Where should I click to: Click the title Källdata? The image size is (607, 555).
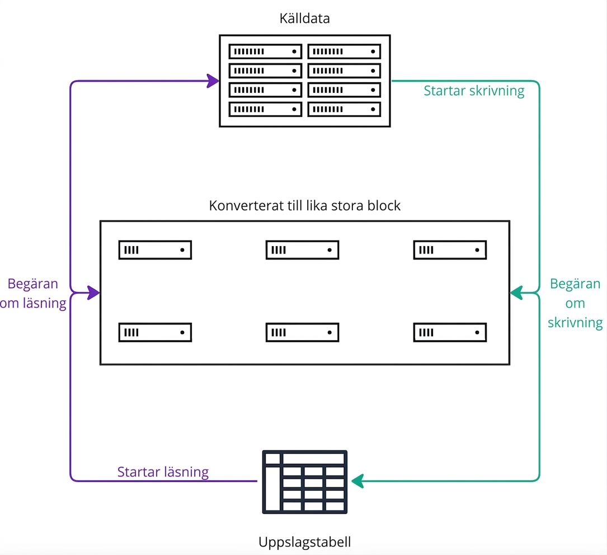click(x=305, y=18)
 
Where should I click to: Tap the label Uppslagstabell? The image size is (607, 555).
click(x=305, y=542)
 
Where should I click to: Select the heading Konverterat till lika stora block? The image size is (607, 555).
click(x=305, y=205)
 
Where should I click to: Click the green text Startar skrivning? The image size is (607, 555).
click(x=474, y=91)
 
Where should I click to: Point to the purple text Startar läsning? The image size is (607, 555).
click(x=163, y=472)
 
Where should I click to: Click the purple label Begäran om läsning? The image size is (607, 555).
click(x=33, y=293)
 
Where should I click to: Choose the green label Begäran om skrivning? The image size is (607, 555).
click(x=575, y=303)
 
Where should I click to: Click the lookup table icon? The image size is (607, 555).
click(x=305, y=482)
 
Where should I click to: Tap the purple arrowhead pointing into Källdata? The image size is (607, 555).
click(x=213, y=81)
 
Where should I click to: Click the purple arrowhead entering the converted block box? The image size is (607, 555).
click(x=93, y=293)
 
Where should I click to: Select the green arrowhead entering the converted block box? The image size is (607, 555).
click(x=516, y=293)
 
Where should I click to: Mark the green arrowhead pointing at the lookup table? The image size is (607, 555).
click(x=357, y=481)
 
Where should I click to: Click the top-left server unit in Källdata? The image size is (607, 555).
click(x=265, y=51)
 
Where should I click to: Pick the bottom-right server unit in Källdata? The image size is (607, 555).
click(x=344, y=109)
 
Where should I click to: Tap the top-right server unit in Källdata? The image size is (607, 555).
click(x=344, y=51)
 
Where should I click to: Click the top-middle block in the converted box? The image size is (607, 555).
click(x=302, y=250)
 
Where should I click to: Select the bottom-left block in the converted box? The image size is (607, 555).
click(x=155, y=332)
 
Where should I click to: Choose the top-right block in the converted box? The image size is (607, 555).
click(x=450, y=250)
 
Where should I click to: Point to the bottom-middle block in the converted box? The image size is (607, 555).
click(x=302, y=332)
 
